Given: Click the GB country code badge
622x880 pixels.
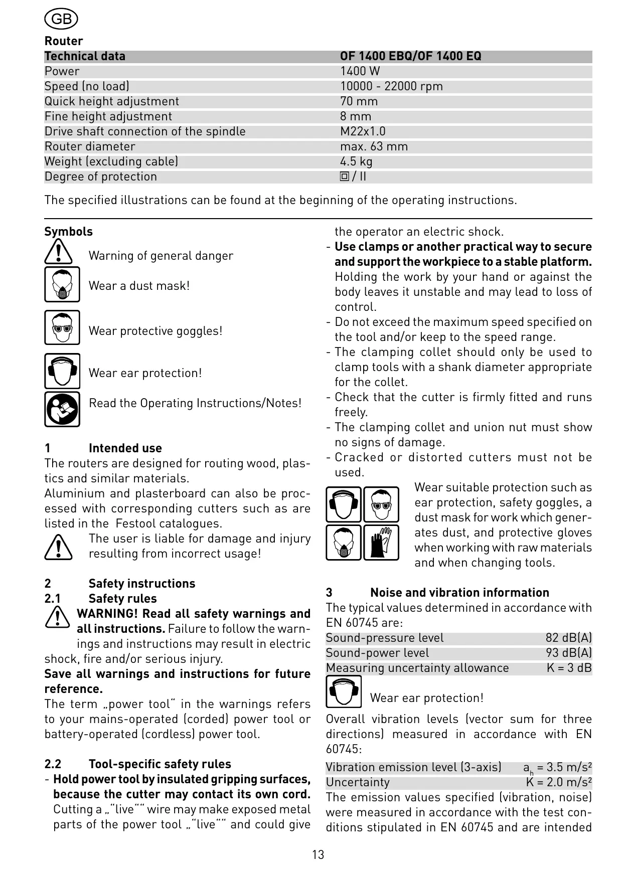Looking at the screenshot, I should [x=61, y=19].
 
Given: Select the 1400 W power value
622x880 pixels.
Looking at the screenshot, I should [x=360, y=71].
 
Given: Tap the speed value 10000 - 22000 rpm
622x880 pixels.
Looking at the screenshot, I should [x=391, y=86].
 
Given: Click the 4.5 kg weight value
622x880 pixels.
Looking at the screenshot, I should [x=356, y=161].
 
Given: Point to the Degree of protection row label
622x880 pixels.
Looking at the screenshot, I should [x=100, y=177].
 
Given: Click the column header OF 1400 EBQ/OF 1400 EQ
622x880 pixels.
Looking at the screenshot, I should [x=410, y=56].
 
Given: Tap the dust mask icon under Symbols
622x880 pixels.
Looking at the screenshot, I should [x=62, y=284].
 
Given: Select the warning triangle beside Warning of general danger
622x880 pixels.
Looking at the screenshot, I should [x=58, y=252].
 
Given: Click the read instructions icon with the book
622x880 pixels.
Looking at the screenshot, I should [x=62, y=409].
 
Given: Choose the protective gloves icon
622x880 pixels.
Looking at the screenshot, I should [x=381, y=542].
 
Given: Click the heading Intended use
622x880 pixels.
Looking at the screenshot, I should [x=125, y=448].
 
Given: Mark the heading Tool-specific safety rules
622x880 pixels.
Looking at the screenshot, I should [x=160, y=764].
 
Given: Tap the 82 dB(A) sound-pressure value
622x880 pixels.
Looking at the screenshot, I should [x=568, y=638].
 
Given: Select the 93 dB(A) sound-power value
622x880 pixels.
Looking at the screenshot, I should [x=568, y=653].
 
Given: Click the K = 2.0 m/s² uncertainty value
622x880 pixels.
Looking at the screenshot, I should [x=559, y=782].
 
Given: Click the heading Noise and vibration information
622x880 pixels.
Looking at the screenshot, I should [x=459, y=593].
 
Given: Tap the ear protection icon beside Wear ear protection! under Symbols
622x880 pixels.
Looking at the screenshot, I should [x=62, y=371].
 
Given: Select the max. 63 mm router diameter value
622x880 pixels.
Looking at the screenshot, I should [x=374, y=146].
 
